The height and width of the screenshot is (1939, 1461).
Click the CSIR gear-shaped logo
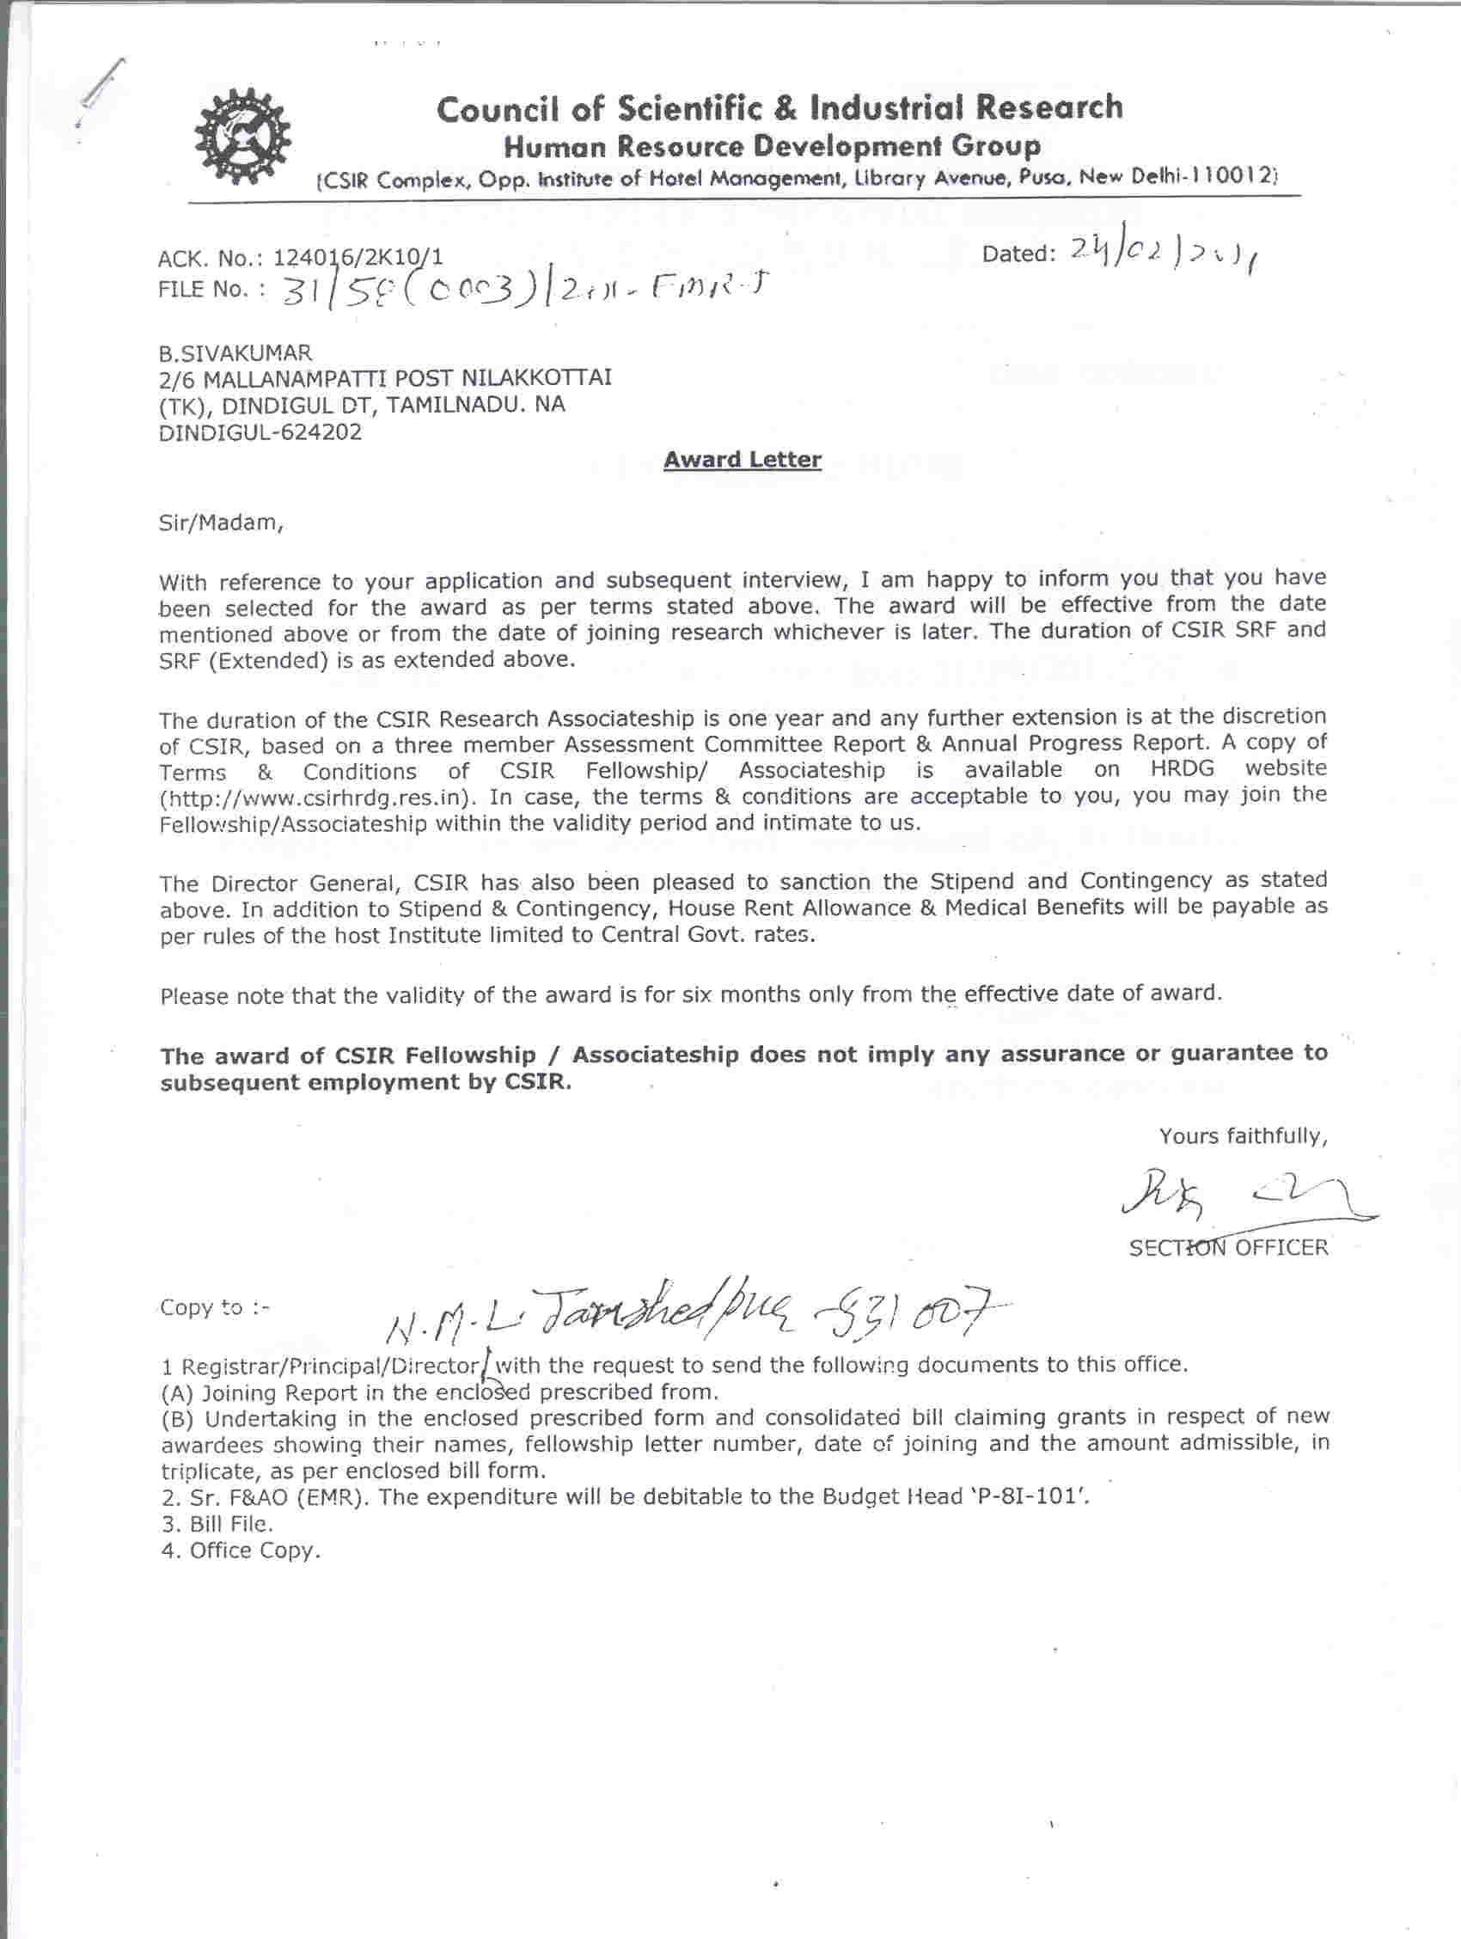pos(241,138)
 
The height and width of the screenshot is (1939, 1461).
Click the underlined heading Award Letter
pos(743,459)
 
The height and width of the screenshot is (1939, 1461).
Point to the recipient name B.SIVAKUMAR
pos(235,353)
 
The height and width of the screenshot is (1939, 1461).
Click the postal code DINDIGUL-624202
pos(260,432)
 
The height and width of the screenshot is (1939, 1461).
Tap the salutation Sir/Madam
pos(221,523)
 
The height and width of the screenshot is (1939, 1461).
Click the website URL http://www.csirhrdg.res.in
pos(318,798)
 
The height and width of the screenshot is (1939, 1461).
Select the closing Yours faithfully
pos(1243,1136)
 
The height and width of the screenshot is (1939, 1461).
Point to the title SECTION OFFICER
pos(1228,1247)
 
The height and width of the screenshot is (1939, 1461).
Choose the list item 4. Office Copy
pos(240,1551)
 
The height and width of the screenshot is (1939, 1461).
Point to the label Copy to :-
pos(215,1308)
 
